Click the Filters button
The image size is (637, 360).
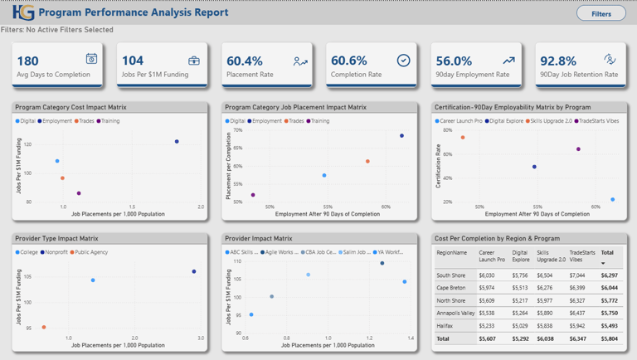tap(601, 13)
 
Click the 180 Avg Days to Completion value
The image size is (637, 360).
tap(27, 61)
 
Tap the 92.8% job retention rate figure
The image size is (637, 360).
tap(557, 61)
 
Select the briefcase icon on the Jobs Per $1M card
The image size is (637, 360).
tap(194, 60)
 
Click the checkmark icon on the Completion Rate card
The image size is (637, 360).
tap(403, 61)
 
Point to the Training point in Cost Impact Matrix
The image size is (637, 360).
tap(79, 193)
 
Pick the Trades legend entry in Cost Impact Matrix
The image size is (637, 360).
tap(85, 121)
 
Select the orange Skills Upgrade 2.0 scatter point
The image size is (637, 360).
tap(463, 138)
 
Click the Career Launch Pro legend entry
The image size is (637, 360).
tap(459, 121)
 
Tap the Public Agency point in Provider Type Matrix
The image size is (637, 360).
tap(44, 328)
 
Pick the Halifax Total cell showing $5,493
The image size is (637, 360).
tap(608, 326)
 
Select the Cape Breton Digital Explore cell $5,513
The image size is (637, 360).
tap(520, 288)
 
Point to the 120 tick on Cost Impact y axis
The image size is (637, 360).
tap(27, 144)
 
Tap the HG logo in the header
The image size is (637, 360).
tap(23, 12)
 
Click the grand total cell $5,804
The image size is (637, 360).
tap(608, 338)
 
